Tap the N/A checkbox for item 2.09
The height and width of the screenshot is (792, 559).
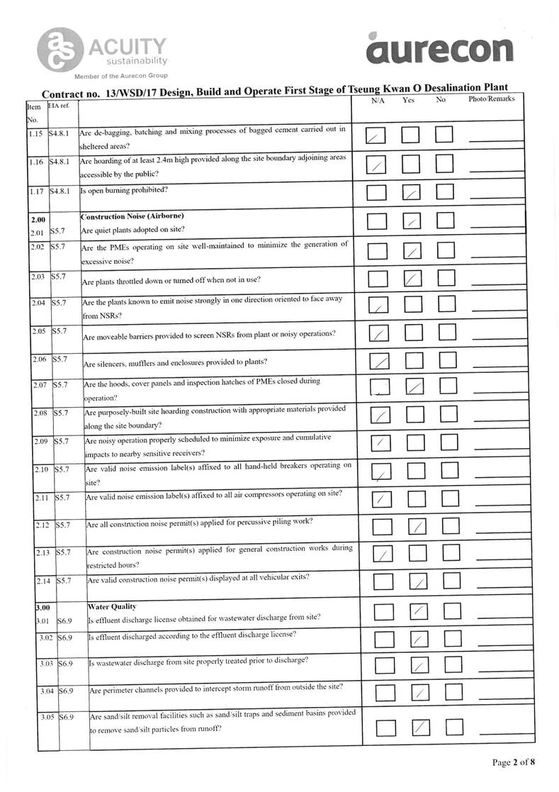point(380,442)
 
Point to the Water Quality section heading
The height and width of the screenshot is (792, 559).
point(111,606)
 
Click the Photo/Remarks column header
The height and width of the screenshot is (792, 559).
point(491,100)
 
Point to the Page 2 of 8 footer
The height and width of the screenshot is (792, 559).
point(514,762)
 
